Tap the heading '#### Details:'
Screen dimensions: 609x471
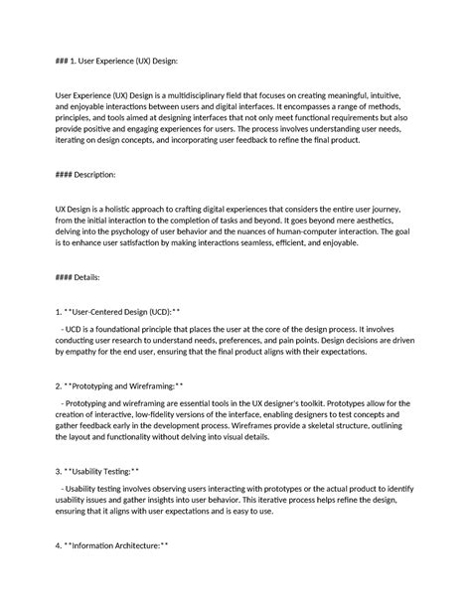click(77, 277)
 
